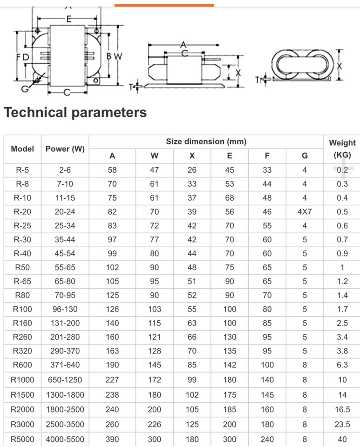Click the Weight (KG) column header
342,149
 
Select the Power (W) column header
65,149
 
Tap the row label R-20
22,212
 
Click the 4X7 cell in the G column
305,212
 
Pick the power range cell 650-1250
65,380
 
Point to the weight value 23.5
342,424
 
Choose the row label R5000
22,439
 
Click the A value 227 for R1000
112,380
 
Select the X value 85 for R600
192,365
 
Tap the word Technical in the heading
36,112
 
